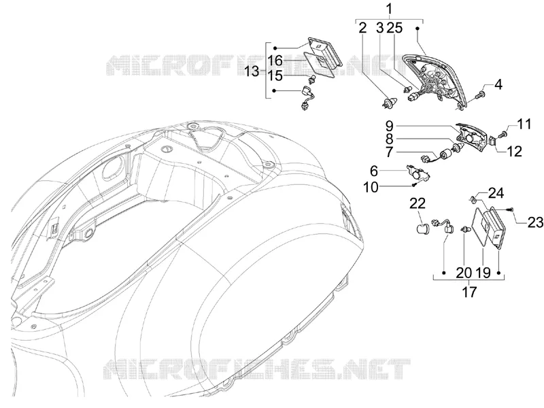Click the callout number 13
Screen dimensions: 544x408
click(252, 71)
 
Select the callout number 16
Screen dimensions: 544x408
click(285, 61)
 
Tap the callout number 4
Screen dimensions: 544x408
click(498, 84)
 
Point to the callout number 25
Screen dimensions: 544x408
click(395, 28)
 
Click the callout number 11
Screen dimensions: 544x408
click(524, 124)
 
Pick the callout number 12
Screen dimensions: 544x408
click(514, 151)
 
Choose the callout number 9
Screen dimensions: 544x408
click(389, 125)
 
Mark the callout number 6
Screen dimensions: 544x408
click(373, 171)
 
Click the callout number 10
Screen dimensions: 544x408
click(371, 188)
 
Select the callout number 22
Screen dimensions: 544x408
click(418, 203)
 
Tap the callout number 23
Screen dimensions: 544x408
click(535, 222)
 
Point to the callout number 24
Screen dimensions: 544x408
click(496, 193)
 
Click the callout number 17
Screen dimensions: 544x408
click(469, 292)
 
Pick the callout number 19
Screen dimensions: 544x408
click(483, 273)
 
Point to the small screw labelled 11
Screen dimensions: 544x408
click(503, 134)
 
